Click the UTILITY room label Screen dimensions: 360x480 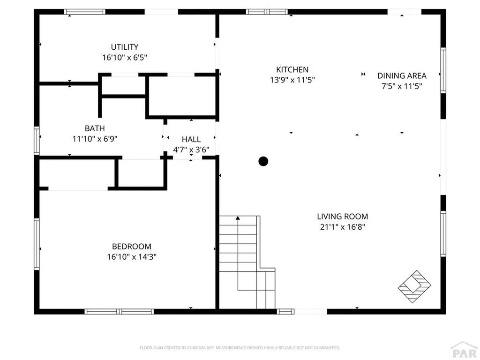(x=124, y=47)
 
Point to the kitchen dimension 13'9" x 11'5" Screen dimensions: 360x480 (x=292, y=80)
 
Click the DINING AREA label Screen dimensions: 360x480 (x=402, y=75)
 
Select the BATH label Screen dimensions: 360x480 (x=95, y=128)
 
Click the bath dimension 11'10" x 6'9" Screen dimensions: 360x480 (x=95, y=139)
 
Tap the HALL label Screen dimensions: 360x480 (x=191, y=139)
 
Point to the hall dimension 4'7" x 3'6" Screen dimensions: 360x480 (x=191, y=150)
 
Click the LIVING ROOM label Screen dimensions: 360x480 (x=342, y=217)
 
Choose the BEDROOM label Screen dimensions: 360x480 (x=131, y=246)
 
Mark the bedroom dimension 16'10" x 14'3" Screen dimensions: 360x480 (x=131, y=257)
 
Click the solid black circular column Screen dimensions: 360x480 (x=263, y=161)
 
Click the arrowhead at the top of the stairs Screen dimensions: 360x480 (x=238, y=218)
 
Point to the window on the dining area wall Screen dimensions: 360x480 (x=442, y=70)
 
